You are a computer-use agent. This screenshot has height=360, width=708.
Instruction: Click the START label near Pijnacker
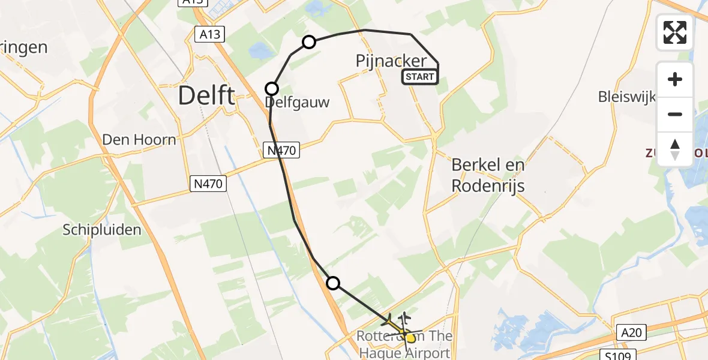[x=419, y=77]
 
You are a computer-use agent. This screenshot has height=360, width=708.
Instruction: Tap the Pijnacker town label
[x=391, y=61]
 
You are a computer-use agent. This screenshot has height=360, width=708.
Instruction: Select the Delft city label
[x=206, y=95]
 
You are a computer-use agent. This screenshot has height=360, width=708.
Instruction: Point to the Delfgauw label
[x=298, y=103]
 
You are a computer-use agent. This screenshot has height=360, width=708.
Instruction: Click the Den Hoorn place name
[x=139, y=140]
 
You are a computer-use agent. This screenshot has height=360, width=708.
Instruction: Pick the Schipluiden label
[x=103, y=229]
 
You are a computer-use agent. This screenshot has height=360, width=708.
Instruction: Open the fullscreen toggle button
[x=674, y=32]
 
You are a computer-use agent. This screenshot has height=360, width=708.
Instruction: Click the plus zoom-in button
[x=674, y=79]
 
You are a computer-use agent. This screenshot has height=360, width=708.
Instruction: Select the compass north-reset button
[x=674, y=149]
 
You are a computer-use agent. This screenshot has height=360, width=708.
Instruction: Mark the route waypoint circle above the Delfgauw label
[x=272, y=89]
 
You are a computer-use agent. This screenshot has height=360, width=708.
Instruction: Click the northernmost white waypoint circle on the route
[x=309, y=41]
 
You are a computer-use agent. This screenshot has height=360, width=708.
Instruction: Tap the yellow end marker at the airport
[x=410, y=338]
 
